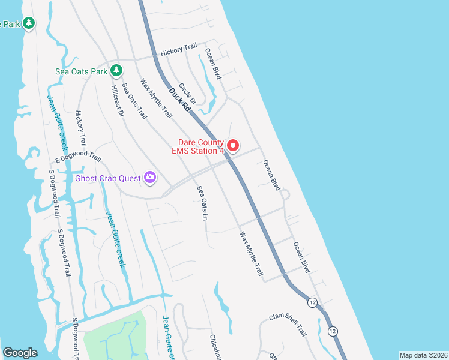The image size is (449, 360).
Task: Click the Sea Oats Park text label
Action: coord(81,71)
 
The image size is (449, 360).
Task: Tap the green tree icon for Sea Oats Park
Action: coord(116,71)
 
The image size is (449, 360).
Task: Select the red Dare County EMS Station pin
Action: coord(232,145)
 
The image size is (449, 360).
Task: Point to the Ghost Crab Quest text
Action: coord(107,178)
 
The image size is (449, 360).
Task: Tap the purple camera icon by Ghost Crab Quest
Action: coord(149,178)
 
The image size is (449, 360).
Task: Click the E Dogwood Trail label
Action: coord(78,157)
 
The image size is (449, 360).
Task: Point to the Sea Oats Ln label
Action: coord(202,203)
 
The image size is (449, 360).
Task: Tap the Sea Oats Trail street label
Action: coord(134,101)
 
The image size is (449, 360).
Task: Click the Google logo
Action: coord(20,353)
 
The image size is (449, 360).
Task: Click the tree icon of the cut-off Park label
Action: coord(29,23)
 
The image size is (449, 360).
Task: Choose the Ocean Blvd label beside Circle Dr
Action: coord(212,64)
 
